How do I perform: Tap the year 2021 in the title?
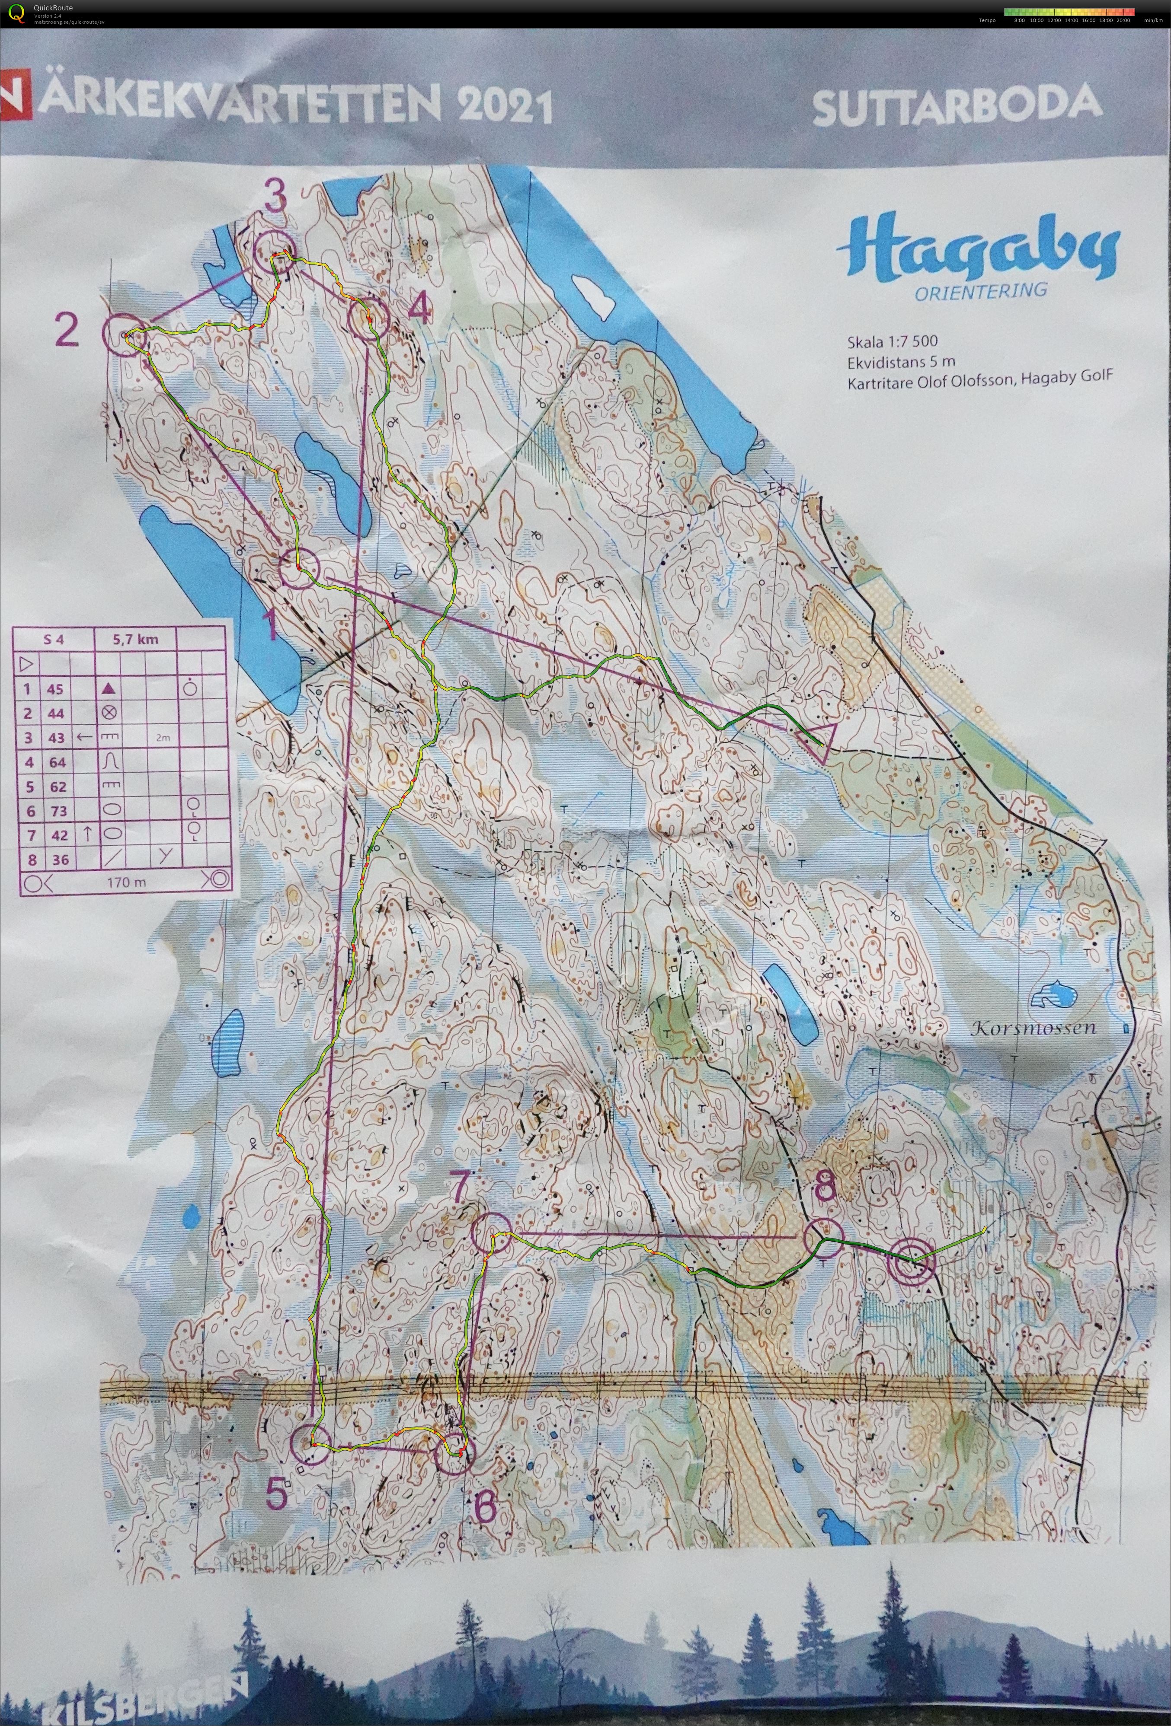505,107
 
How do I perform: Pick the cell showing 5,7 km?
135,639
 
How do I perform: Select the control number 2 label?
66,331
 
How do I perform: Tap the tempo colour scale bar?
1069,12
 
